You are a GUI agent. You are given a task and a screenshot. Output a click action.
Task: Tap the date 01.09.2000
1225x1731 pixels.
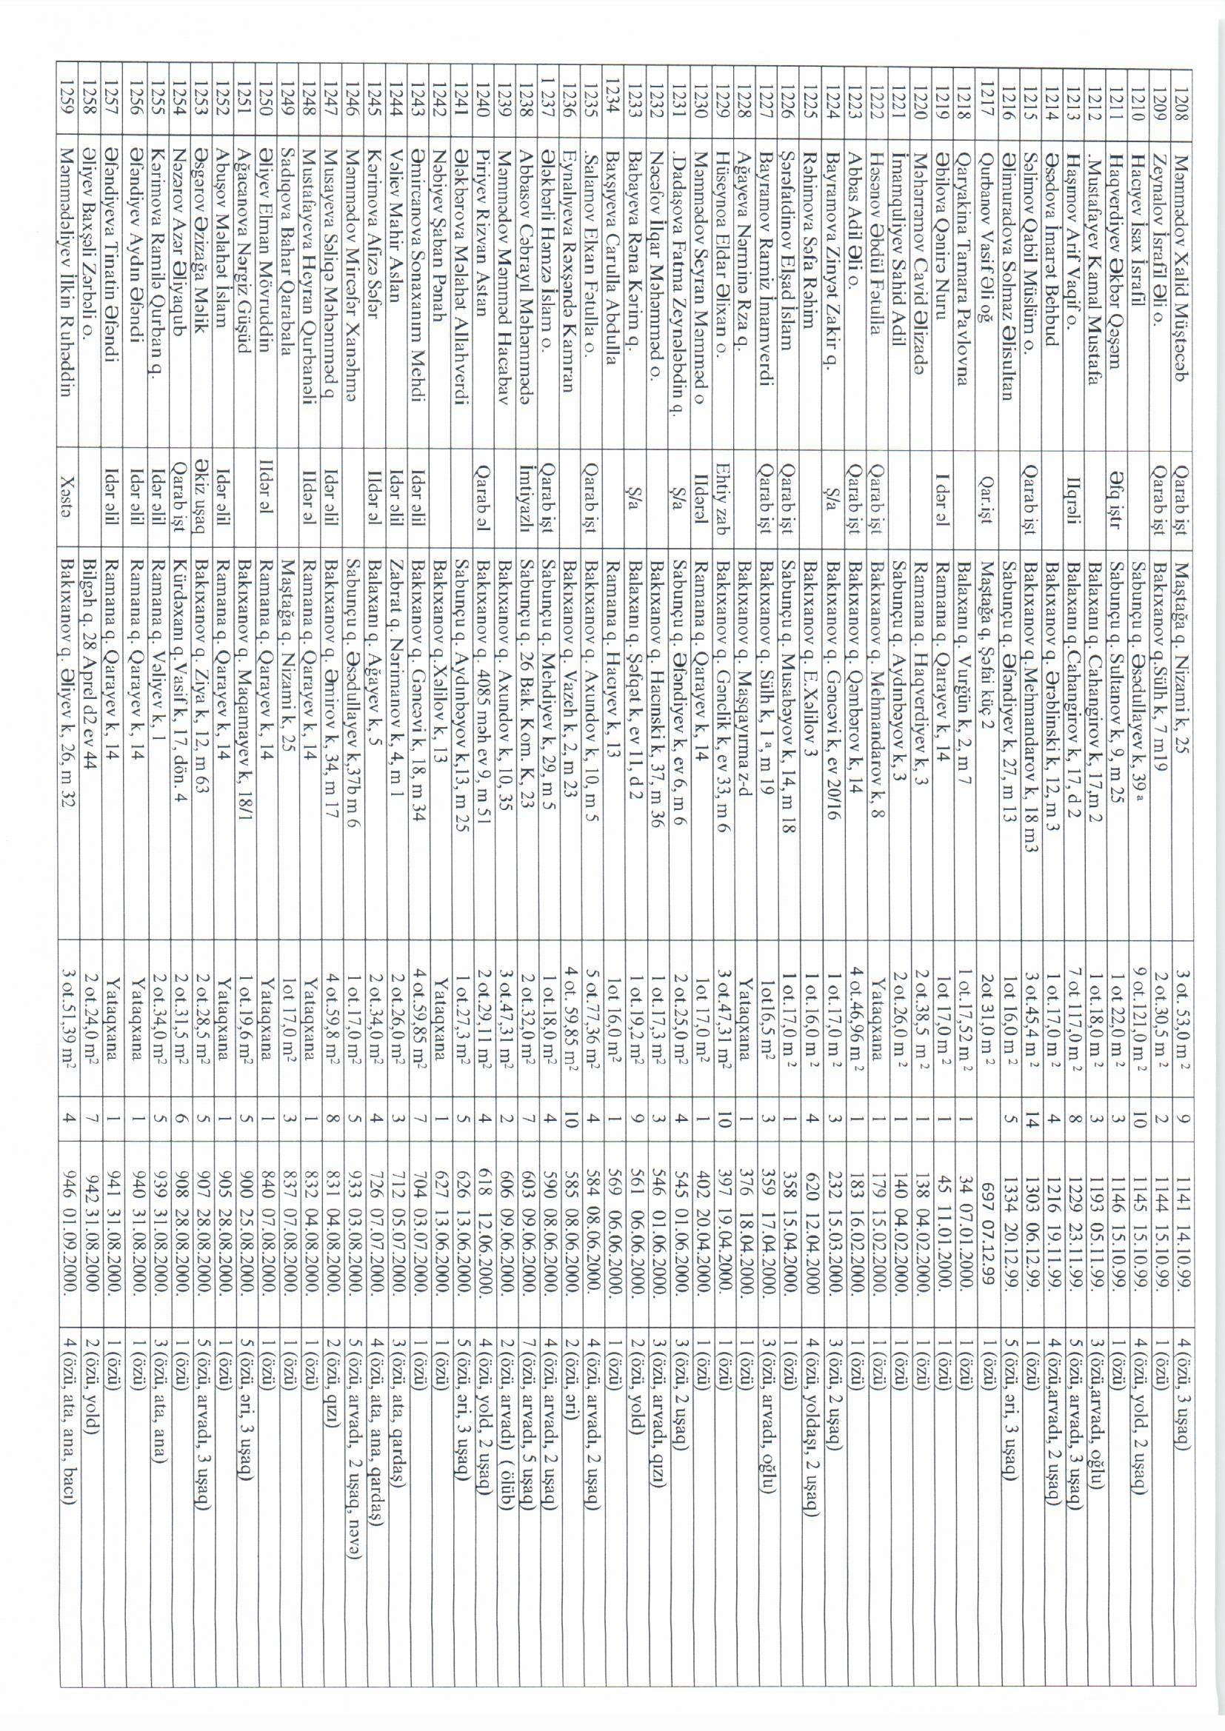pyautogui.click(x=70, y=1266)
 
